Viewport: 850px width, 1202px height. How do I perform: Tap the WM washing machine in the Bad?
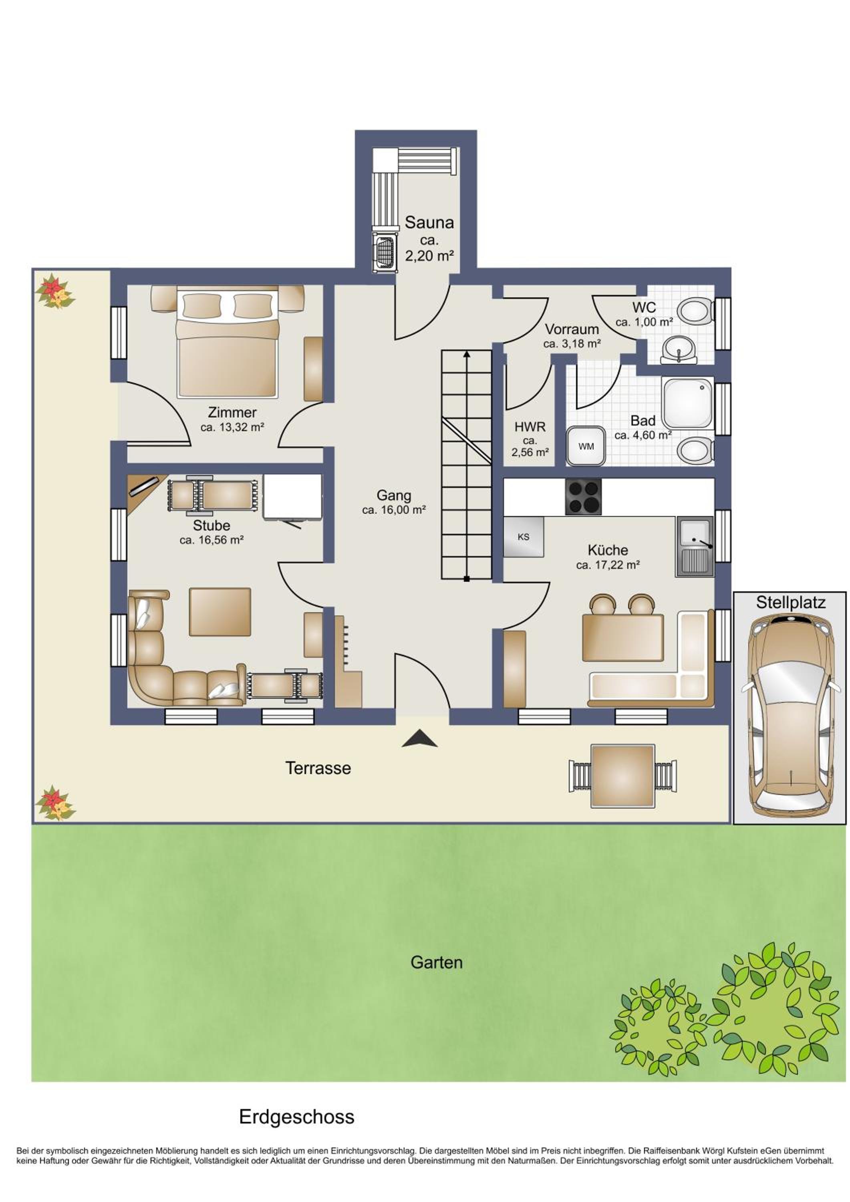click(586, 446)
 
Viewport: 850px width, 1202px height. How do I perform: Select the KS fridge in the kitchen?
click(524, 536)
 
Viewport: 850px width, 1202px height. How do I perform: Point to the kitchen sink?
click(695, 547)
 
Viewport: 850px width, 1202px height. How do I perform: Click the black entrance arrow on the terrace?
click(419, 739)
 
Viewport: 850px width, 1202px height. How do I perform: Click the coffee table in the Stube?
click(220, 611)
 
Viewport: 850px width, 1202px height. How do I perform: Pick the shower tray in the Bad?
click(687, 403)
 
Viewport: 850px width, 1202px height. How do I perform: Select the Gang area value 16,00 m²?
click(394, 509)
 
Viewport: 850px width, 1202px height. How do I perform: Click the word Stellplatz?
click(791, 603)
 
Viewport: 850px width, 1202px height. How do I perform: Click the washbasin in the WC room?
click(678, 349)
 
